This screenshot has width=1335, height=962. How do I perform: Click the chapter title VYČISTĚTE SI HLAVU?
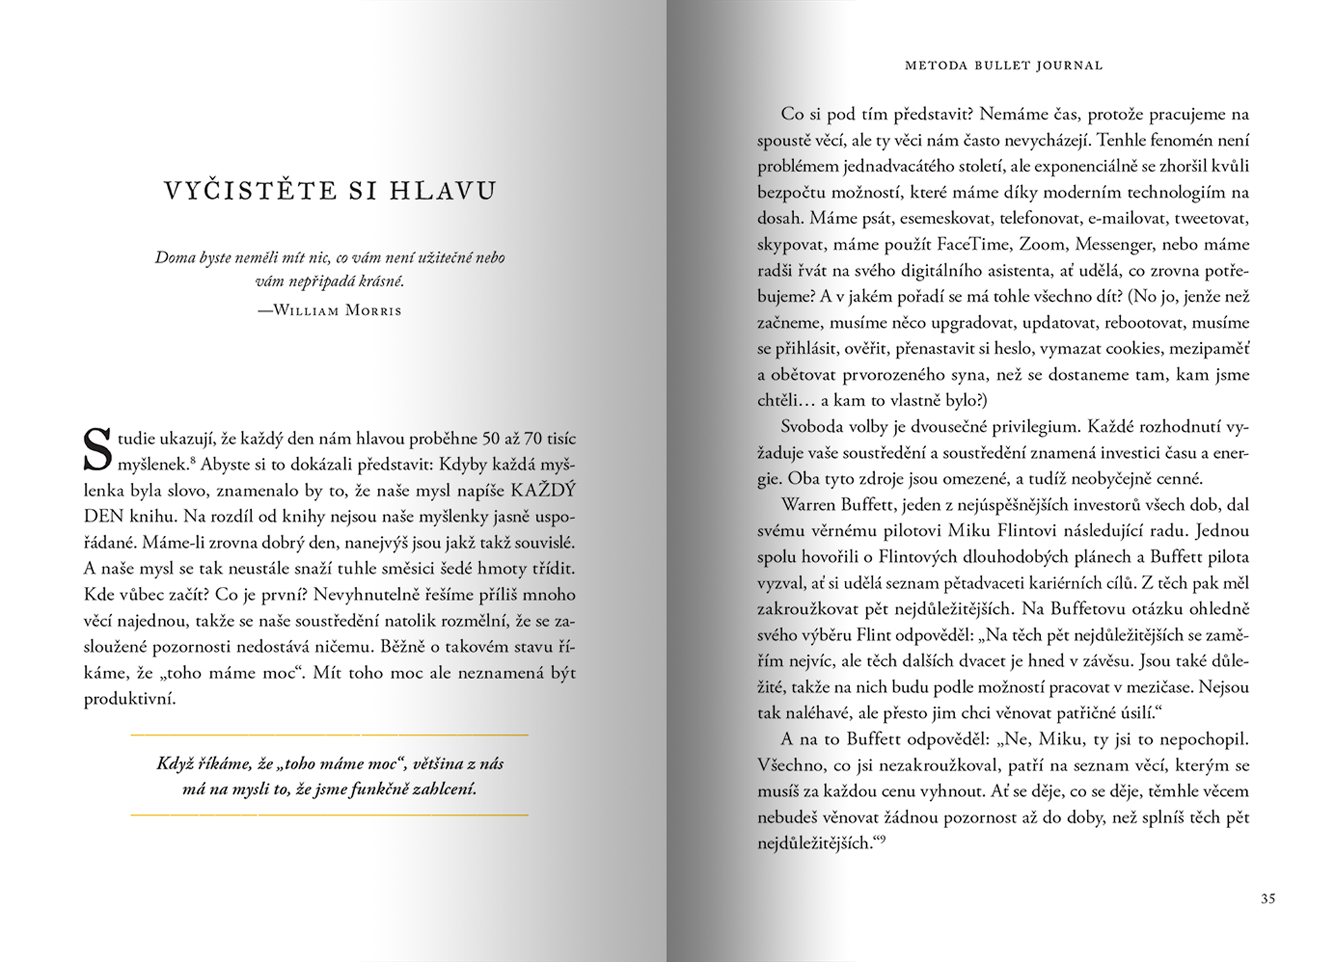coord(330,191)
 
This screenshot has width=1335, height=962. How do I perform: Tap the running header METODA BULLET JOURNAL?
coord(1003,66)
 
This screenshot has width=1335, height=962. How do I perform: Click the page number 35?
coord(1268,899)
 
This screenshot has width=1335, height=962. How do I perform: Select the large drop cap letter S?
coord(97,450)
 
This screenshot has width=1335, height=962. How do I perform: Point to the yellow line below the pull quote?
coord(330,815)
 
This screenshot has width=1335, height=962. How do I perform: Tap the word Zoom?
coord(1042,244)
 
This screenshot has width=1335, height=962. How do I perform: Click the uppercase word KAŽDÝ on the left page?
coord(543,491)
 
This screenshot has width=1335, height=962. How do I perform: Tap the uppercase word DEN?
coord(104,517)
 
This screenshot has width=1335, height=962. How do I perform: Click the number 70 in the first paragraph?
coord(533,439)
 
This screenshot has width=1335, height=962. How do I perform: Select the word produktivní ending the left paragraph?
coord(130,699)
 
